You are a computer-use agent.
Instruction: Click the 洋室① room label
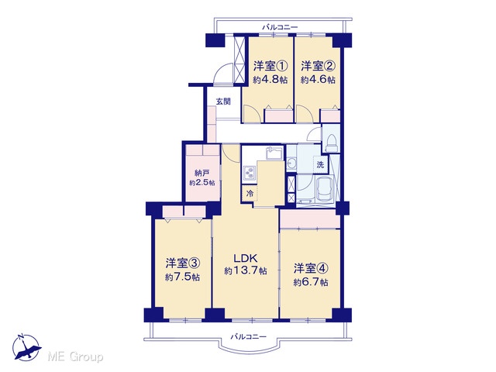click(x=270, y=67)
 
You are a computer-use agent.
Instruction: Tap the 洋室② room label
click(x=318, y=67)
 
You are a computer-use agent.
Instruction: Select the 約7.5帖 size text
click(x=182, y=277)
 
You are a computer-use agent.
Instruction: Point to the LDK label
click(x=246, y=258)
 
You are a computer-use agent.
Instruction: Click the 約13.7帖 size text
click(x=246, y=270)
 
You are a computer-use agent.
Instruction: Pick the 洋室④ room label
click(x=311, y=269)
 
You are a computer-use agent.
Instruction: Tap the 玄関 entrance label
click(x=223, y=102)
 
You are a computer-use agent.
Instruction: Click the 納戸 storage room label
click(x=202, y=173)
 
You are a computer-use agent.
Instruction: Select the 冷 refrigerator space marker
click(x=250, y=193)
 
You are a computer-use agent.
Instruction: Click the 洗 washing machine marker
click(x=320, y=164)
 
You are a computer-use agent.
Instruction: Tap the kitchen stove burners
click(x=250, y=173)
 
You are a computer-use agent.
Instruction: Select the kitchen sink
click(x=274, y=154)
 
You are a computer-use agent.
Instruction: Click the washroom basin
click(x=291, y=164)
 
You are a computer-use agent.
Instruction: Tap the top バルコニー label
click(x=280, y=27)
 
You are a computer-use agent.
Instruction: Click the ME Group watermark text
click(x=75, y=356)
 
